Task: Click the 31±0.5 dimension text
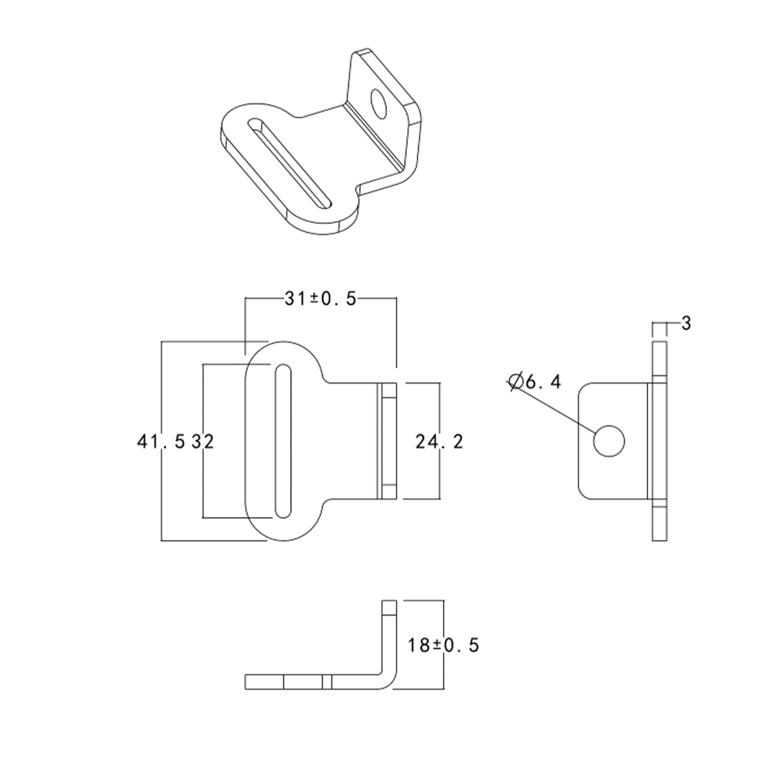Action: coord(320,299)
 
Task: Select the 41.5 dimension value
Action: coord(161,441)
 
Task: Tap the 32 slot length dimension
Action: coord(204,441)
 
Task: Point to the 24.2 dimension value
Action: coord(439,441)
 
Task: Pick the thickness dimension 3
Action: coord(686,323)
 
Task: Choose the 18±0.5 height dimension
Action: coord(443,645)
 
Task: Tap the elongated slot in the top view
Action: coord(283,442)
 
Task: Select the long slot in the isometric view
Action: coord(290,163)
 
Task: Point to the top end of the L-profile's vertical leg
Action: coord(389,602)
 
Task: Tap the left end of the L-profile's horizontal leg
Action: coord(248,681)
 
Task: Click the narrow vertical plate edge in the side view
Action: coord(659,441)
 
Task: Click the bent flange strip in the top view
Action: coord(387,441)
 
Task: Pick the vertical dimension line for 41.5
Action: coord(161,493)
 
